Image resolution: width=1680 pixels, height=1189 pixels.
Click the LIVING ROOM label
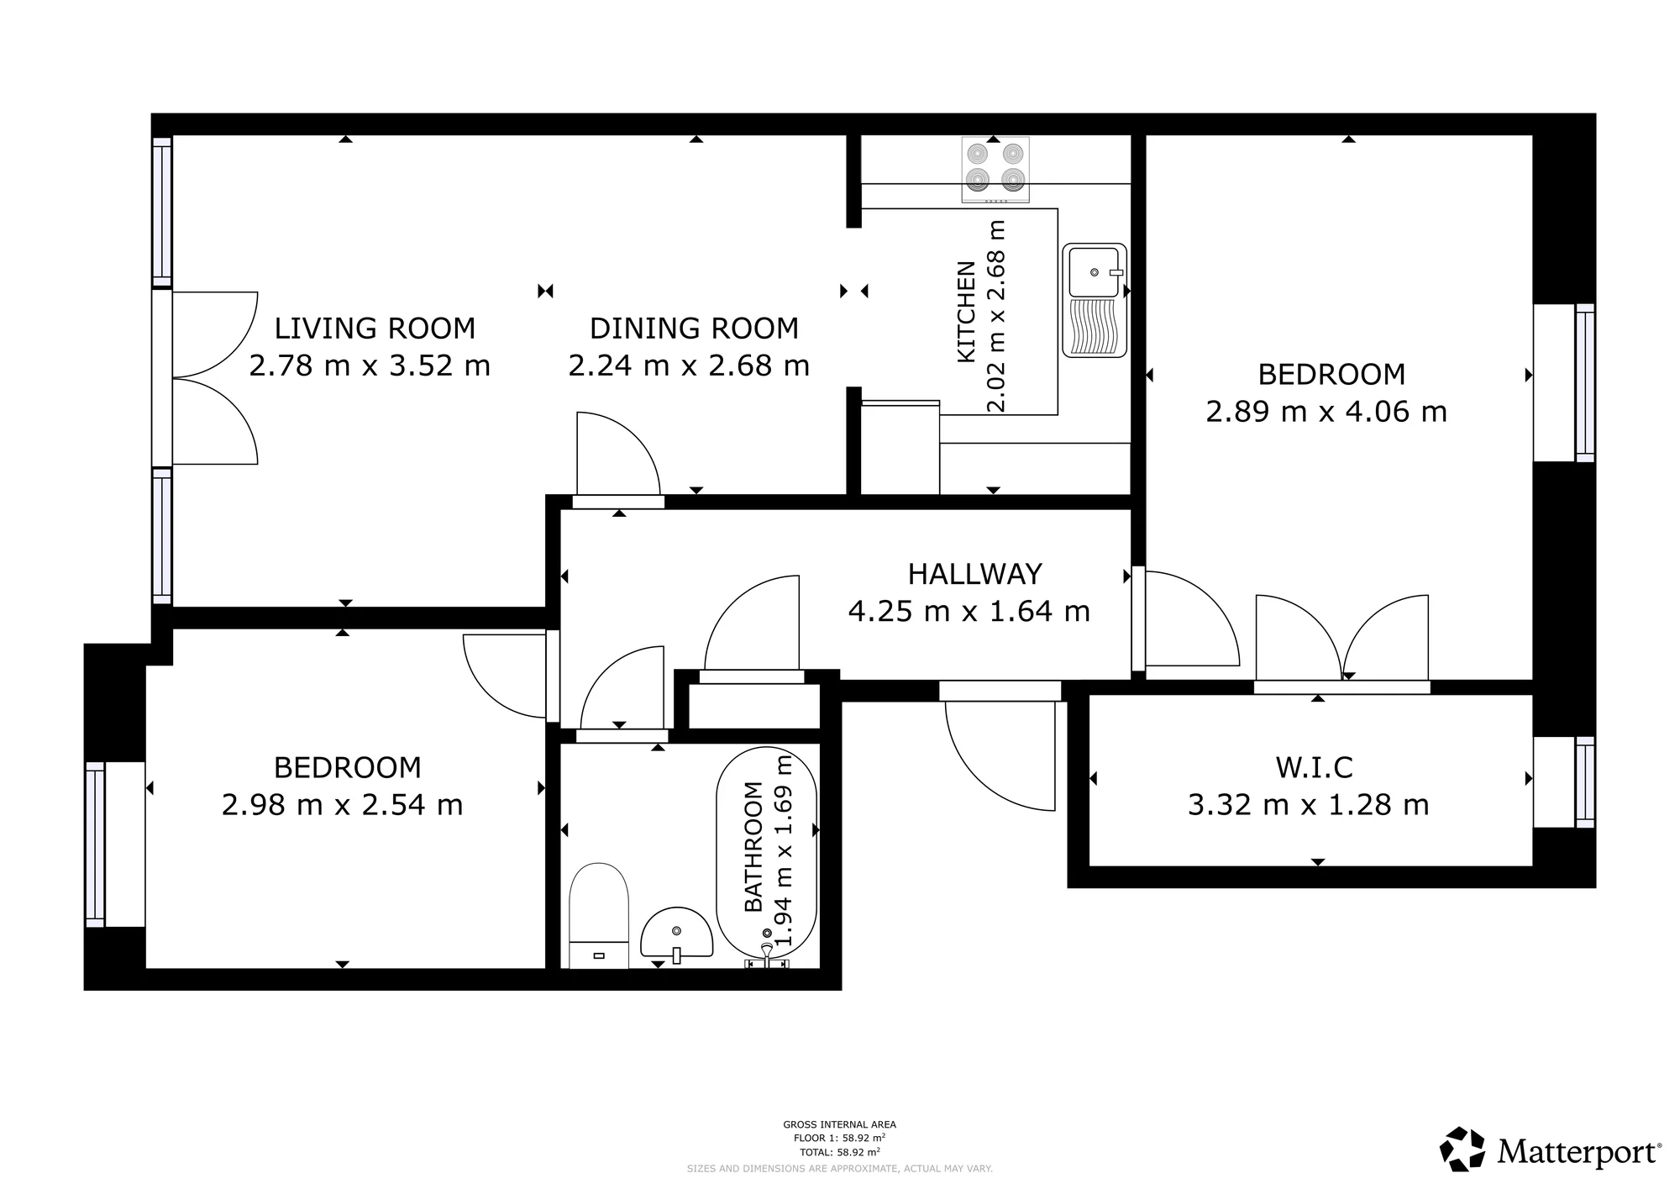point(375,329)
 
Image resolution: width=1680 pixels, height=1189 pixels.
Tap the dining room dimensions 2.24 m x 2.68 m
point(689,366)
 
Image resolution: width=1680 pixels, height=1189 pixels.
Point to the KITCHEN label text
point(967,312)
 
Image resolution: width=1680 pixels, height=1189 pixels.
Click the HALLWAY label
point(974,575)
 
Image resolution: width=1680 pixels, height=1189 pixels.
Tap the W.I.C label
point(1314,768)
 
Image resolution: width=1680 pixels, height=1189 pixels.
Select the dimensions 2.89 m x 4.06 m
point(1326,413)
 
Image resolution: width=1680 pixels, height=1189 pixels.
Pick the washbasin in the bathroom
point(676,933)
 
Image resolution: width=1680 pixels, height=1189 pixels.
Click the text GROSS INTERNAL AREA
point(839,1124)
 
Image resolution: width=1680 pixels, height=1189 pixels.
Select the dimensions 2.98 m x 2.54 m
point(342,806)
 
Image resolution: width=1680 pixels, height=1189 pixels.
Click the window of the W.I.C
point(1584,782)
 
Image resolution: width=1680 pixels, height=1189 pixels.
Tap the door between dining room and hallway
point(617,458)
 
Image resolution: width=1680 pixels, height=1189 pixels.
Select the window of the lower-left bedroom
point(95,844)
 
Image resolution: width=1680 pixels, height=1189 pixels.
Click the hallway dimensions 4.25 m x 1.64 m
point(969,612)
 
